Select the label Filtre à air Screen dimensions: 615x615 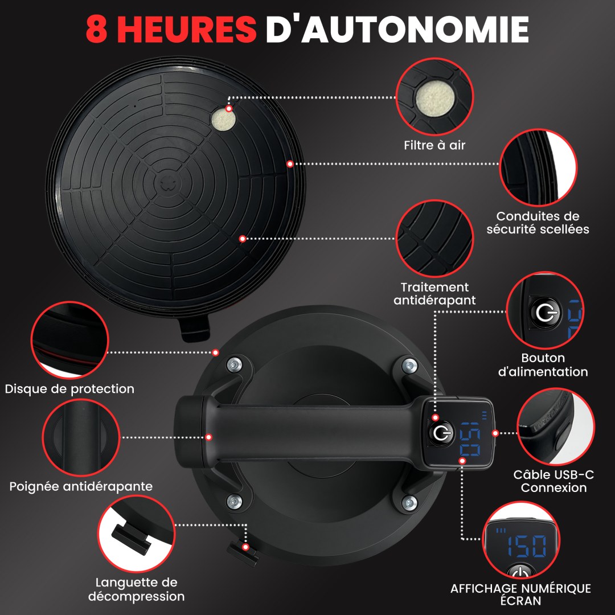(x=434, y=145)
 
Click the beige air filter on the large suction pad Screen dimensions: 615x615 (x=224, y=120)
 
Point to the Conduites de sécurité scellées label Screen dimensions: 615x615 (x=538, y=223)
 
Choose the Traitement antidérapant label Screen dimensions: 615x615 (x=434, y=293)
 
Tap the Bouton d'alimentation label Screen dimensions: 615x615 (x=543, y=365)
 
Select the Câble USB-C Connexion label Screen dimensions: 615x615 (x=553, y=481)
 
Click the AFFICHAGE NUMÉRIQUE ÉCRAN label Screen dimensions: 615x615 (x=520, y=594)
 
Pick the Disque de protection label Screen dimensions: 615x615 (x=69, y=389)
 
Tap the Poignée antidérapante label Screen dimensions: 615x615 (x=81, y=486)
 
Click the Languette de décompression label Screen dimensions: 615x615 (x=137, y=589)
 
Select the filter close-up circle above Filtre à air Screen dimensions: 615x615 (x=434, y=96)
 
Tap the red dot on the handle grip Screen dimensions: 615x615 (x=208, y=437)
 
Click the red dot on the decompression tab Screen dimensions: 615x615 (x=245, y=547)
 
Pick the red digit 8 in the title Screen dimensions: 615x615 (x=97, y=29)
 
